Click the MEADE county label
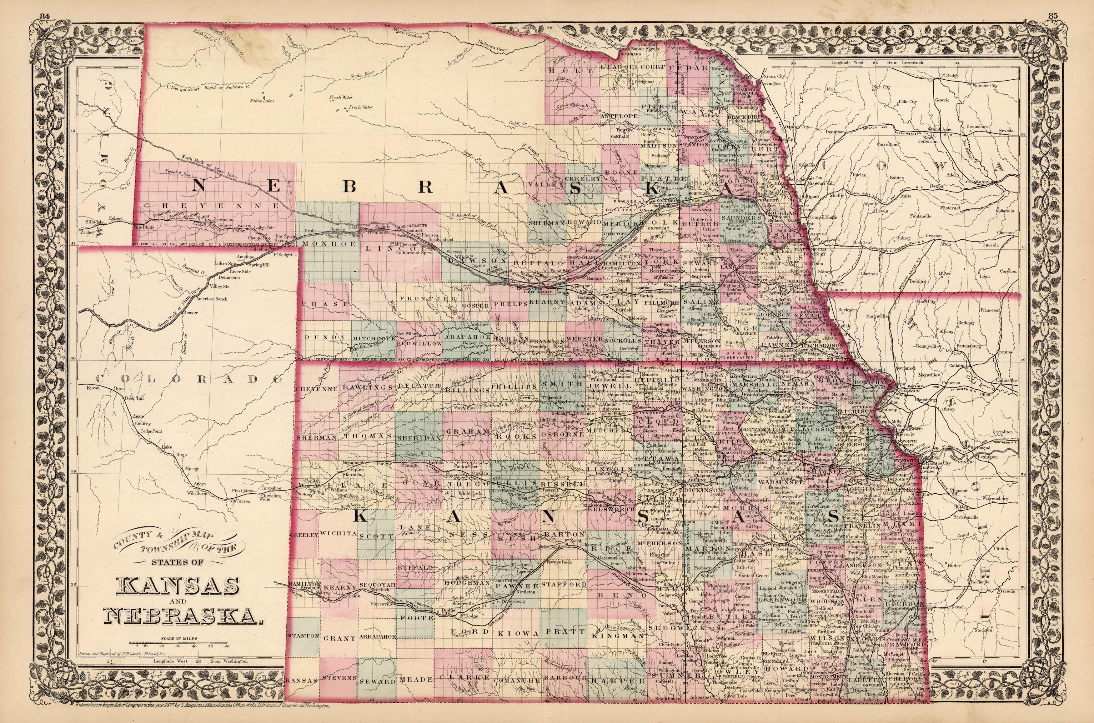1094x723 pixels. tap(417, 680)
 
